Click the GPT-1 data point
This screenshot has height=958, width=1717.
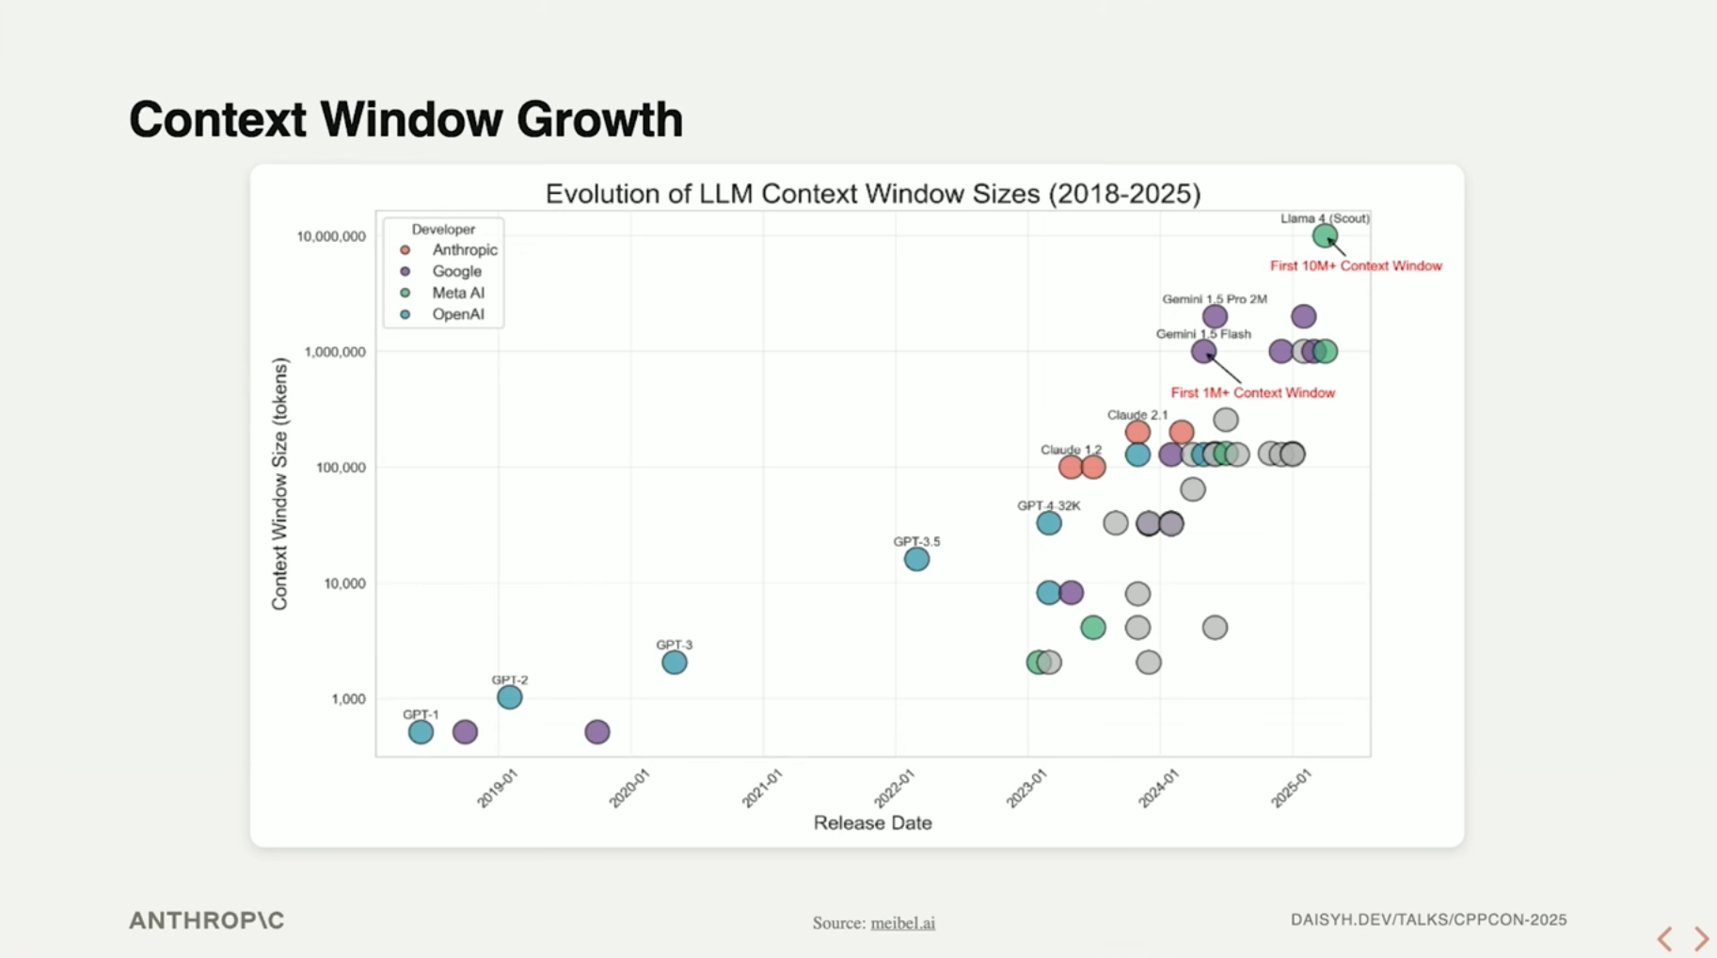421,731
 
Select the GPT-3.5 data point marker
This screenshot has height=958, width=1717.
916,559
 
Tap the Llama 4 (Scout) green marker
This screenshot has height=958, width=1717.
1325,235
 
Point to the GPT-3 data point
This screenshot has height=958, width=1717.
674,662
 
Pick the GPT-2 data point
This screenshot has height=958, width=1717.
509,697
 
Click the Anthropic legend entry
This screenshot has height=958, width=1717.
464,249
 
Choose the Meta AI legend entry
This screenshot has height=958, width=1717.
457,293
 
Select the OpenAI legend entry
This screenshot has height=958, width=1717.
457,314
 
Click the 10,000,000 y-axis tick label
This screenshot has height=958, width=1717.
331,236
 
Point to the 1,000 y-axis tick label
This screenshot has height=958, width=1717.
348,699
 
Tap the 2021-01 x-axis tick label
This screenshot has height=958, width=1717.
762,788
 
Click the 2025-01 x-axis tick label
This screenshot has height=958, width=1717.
1291,788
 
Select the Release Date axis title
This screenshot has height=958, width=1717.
872,822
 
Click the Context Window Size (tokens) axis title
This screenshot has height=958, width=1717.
279,484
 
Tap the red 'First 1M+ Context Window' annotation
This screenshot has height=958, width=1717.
1252,392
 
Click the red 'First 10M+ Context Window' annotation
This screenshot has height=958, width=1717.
1356,266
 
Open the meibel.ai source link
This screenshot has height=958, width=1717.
902,923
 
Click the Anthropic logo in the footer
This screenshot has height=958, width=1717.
206,920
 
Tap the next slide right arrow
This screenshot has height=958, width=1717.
1701,938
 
